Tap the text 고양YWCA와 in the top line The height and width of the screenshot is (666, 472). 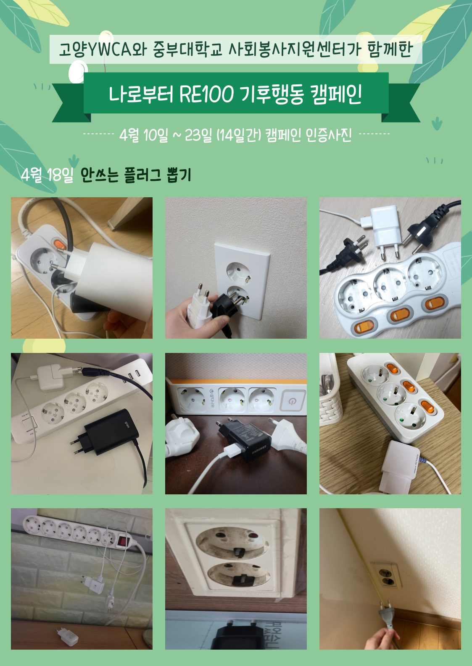click(102, 50)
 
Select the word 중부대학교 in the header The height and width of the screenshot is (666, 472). click(187, 50)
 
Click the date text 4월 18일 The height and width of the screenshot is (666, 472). click(47, 175)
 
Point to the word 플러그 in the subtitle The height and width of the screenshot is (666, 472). click(142, 175)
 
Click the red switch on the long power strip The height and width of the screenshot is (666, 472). click(122, 541)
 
